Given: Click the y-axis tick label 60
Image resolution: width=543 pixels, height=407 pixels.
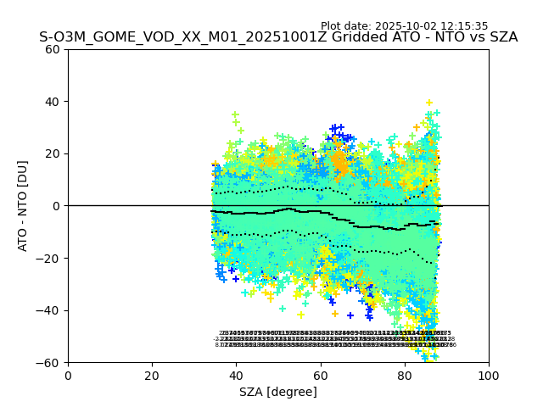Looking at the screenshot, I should pos(53,49).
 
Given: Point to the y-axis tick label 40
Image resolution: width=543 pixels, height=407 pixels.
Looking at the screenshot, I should pos(53,102).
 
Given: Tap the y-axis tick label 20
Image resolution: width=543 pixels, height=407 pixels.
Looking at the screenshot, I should pos(53,153).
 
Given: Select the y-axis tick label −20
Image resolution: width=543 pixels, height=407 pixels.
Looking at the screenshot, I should pos(49,258).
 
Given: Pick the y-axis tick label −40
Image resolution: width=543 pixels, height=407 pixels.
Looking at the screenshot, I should pos(49,310).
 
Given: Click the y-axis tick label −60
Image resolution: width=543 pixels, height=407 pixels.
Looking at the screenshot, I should pos(49,362).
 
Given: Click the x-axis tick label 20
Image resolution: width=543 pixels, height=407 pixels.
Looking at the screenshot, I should pos(152,375).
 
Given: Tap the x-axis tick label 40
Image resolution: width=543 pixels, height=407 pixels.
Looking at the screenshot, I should pos(236,375).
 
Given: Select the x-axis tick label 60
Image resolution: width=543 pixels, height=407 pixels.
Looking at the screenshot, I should pos(320,375).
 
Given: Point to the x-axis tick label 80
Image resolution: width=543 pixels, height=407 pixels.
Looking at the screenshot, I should pos(404,375).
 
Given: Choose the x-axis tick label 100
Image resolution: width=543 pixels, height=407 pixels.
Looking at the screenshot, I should pos(488,375).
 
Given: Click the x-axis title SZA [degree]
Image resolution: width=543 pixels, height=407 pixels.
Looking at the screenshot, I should pos(278,392).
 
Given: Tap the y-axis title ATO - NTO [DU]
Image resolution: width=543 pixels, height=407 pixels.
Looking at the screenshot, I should pos(23,206).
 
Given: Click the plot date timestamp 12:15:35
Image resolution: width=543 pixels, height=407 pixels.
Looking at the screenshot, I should pos(465,26).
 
